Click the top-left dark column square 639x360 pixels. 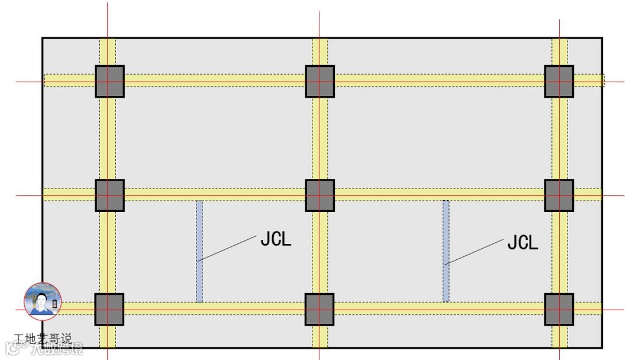coord(109,81)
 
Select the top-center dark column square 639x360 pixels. coord(319,81)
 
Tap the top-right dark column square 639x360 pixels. coord(559,81)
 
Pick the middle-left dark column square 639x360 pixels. coord(109,195)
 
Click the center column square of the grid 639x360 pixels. coord(319,195)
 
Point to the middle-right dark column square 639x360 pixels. coord(559,195)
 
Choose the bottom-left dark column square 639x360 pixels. coord(109,309)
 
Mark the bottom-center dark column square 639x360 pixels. coord(319,309)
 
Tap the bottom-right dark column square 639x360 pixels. coord(559,309)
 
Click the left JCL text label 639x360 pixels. coord(276,239)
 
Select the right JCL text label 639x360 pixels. coord(523,242)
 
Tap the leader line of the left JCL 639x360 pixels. coord(228,249)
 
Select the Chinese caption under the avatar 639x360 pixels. coord(43,339)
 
